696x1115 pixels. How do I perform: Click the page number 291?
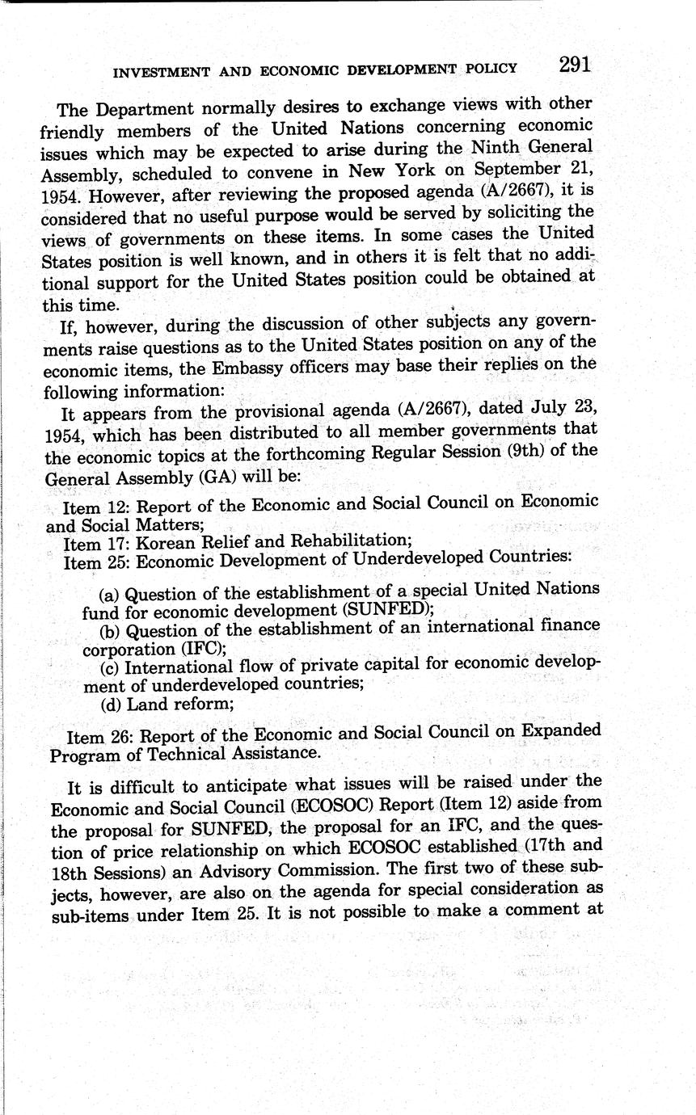coord(574,65)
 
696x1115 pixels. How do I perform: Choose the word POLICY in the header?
coord(491,69)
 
